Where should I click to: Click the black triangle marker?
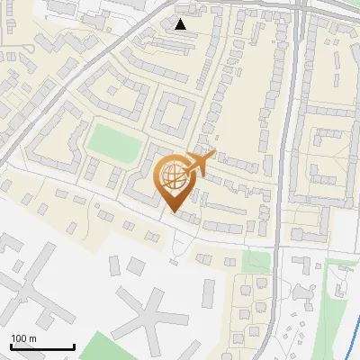[x=181, y=24]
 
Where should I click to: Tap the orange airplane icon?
[x=201, y=162]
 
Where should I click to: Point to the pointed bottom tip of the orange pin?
[x=173, y=211]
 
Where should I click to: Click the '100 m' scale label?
[x=23, y=338]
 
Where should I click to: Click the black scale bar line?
[x=42, y=347]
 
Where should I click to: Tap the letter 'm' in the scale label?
[x=32, y=338]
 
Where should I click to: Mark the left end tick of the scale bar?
[x=11, y=346]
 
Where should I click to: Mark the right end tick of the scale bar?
[x=74, y=346]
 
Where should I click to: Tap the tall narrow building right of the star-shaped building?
[x=210, y=292]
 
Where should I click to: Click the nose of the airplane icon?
[x=213, y=155]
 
